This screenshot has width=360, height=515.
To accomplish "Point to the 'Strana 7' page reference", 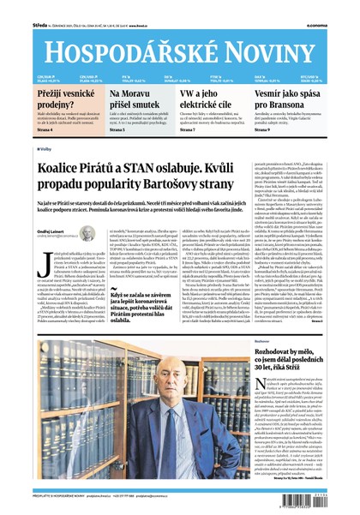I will click(x=193, y=129).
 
